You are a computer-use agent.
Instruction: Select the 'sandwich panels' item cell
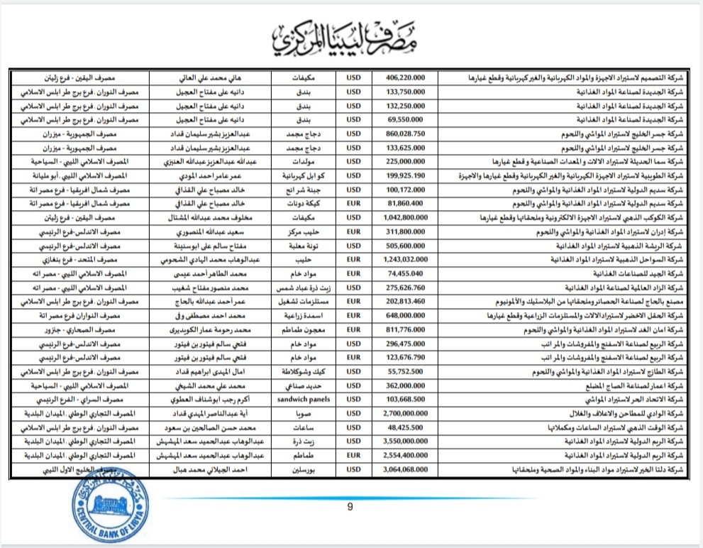click(309, 398)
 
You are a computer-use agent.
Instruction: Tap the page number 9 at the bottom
click(350, 507)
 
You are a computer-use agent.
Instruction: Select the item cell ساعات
click(309, 426)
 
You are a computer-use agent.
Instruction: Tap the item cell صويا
click(309, 412)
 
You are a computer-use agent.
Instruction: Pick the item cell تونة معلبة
click(309, 246)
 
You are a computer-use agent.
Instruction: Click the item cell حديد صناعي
click(309, 384)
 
